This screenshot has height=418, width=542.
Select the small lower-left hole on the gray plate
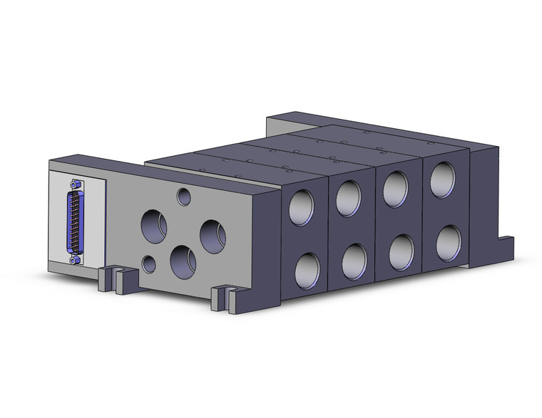coord(149,264)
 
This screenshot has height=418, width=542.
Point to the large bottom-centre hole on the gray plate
coord(183,261)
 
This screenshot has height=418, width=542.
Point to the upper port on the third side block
coord(396,186)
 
